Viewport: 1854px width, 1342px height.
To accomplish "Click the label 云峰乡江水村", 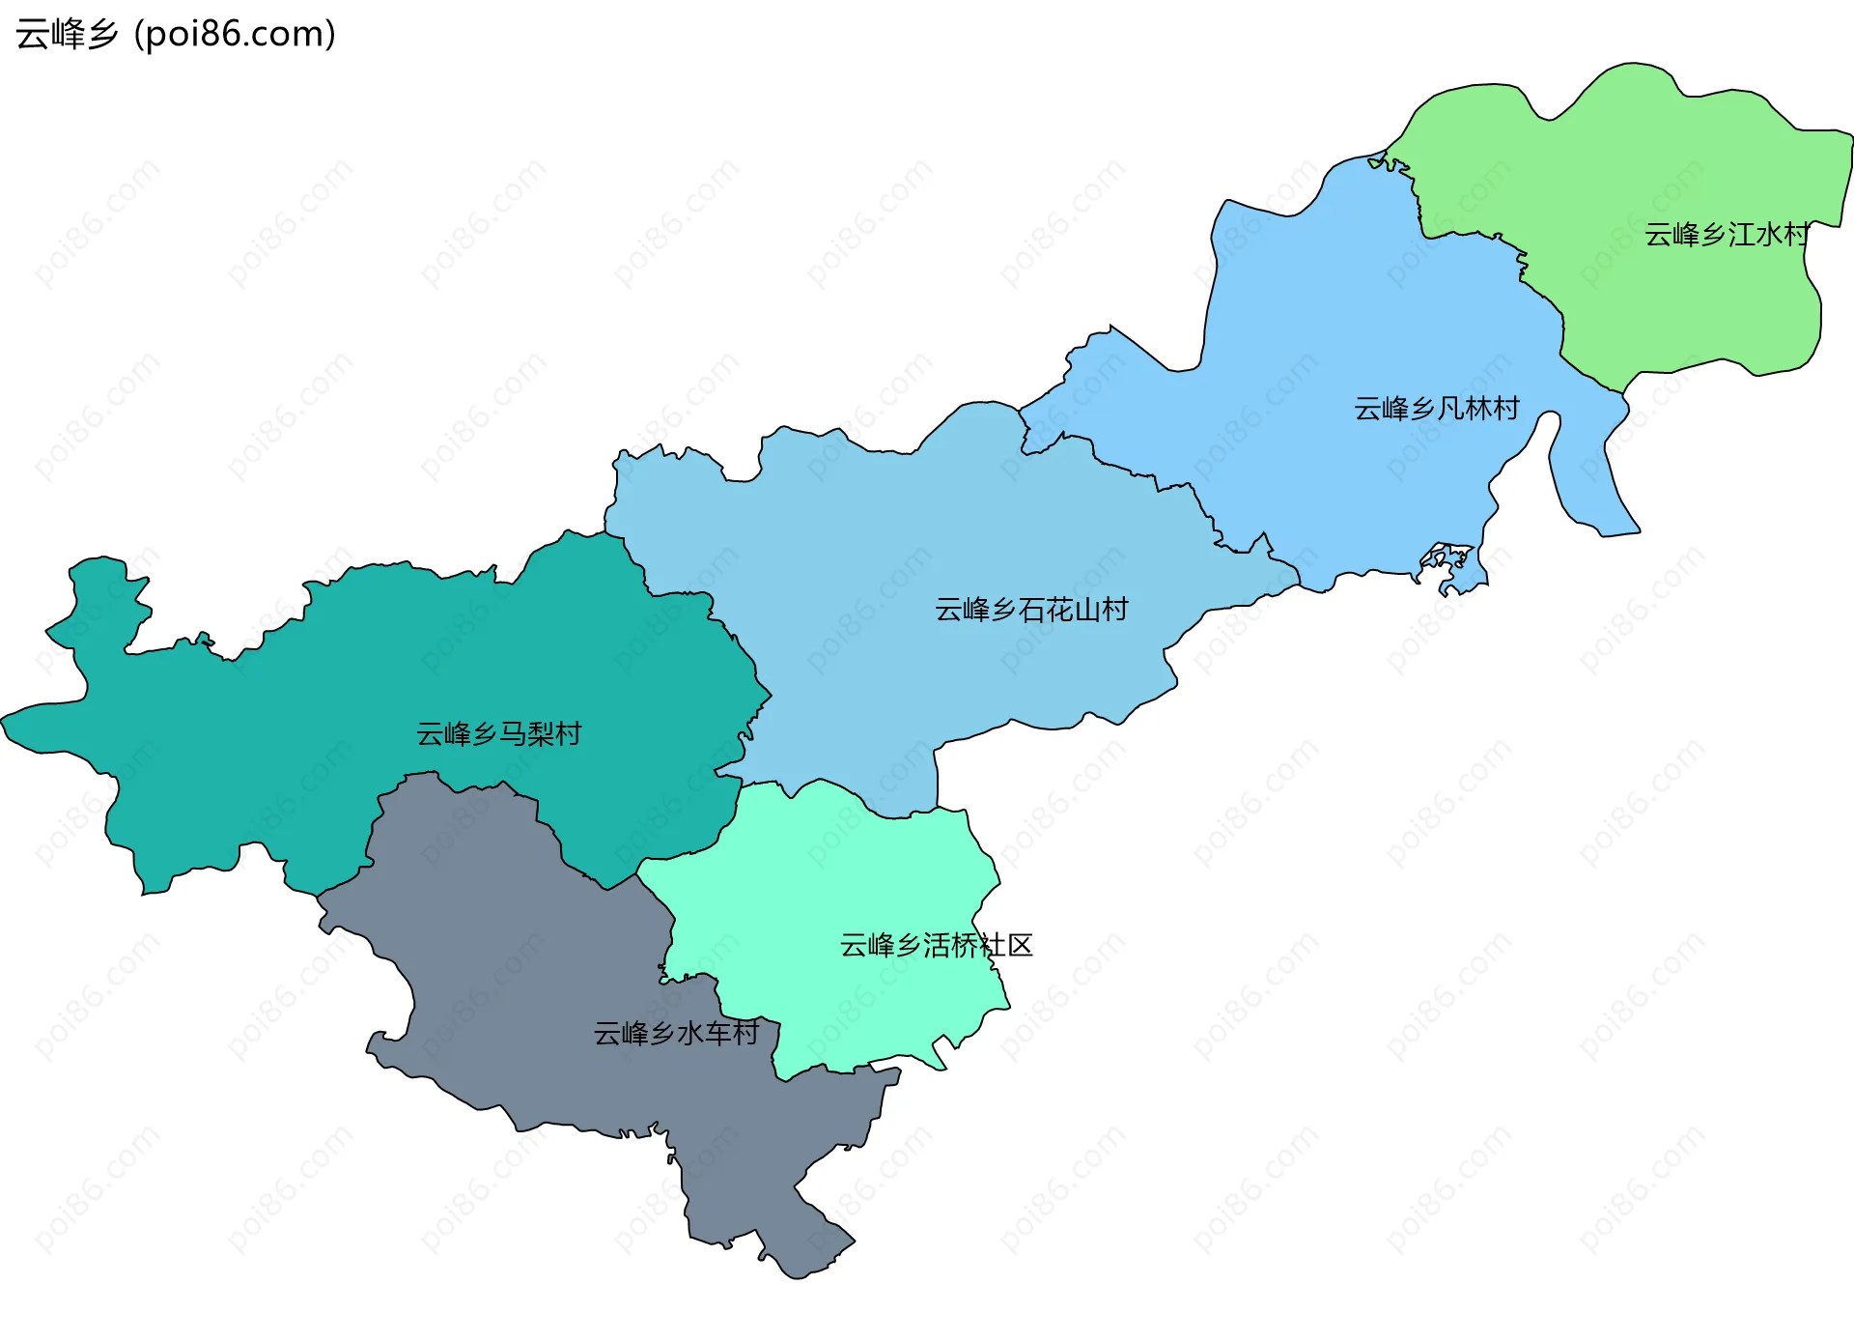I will pos(1726,235).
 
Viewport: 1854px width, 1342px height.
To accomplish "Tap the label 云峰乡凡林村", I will pos(1436,409).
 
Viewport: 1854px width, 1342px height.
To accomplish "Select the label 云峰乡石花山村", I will pos(1031,610).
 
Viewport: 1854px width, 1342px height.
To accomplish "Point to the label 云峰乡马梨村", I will pos(498,734).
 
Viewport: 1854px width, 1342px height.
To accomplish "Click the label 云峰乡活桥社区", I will pos(936,945).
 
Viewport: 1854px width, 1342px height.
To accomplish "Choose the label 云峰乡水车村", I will pos(676,1034).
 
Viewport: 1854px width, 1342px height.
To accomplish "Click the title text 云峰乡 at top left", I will pos(67,35).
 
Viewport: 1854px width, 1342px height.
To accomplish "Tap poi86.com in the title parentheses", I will pos(235,35).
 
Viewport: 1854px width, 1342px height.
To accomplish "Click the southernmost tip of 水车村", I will pos(797,1273).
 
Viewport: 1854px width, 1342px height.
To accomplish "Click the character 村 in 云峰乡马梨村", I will pos(569,734).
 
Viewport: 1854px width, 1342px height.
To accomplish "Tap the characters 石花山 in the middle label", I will pos(1059,610).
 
